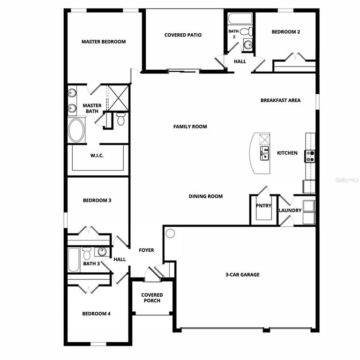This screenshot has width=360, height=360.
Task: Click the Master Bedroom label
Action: point(104,42)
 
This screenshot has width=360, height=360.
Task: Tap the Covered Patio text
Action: point(183,35)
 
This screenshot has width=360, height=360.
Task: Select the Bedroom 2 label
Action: point(286,32)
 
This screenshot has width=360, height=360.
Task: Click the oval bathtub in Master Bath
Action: point(76,130)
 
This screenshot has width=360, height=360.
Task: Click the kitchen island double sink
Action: point(265,153)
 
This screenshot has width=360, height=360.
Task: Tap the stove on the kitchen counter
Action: point(310,156)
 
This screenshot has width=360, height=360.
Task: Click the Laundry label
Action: point(290,210)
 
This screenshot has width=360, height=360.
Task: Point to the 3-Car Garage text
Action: point(242,275)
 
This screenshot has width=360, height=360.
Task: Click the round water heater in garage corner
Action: point(170,233)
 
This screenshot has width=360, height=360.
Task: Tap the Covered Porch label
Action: point(152,298)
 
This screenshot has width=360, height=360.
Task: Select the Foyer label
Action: point(146,250)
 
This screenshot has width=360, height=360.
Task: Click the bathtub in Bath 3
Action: point(74,260)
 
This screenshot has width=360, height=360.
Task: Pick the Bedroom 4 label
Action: point(96,314)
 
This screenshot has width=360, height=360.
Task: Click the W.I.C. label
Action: point(97,156)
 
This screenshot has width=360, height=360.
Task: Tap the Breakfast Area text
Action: point(280,100)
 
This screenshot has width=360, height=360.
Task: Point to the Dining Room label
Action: point(206,196)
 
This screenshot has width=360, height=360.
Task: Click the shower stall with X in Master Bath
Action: point(118,97)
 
